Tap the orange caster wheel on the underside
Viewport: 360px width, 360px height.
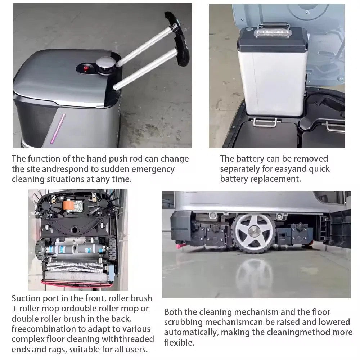click(x=68, y=205)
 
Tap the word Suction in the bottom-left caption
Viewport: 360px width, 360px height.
click(x=26, y=298)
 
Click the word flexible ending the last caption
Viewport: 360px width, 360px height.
click(x=179, y=343)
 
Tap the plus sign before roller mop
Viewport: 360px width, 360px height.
click(x=15, y=309)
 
